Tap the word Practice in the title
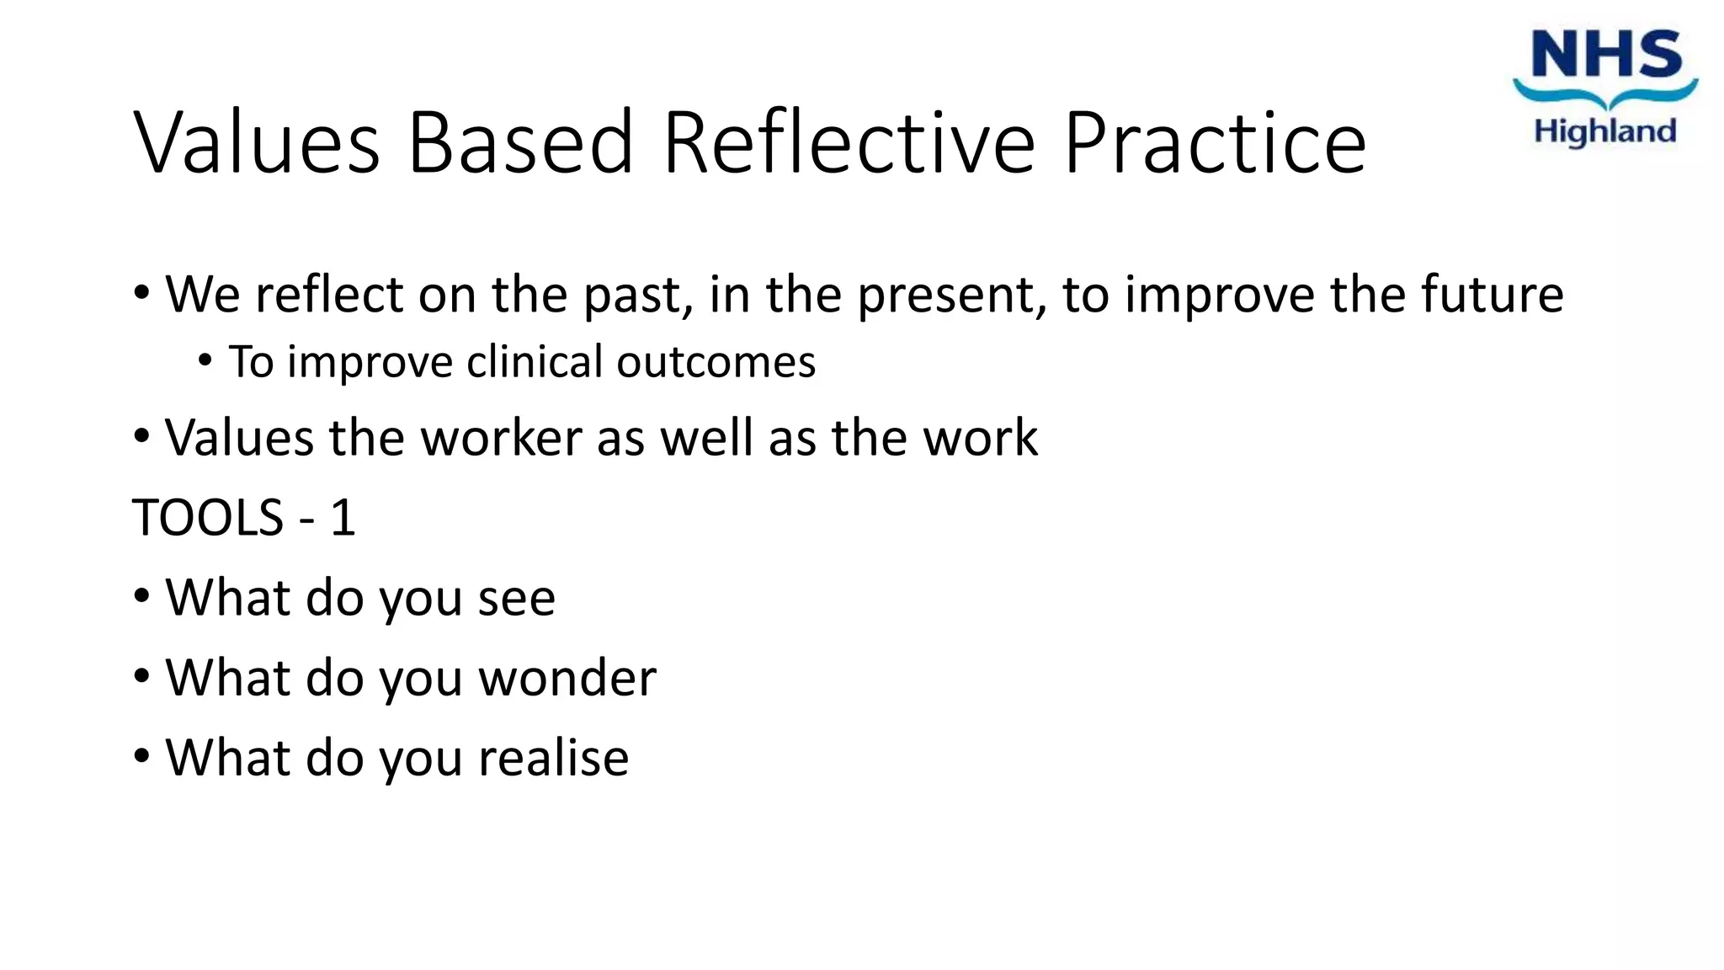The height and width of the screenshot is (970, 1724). (1215, 143)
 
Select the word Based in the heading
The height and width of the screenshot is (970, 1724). (519, 143)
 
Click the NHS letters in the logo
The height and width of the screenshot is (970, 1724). (1605, 56)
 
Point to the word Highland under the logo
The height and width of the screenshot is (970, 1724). (1605, 131)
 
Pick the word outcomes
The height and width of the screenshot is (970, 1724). (716, 363)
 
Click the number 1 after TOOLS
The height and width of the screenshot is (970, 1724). (343, 517)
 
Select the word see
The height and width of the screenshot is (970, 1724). (516, 599)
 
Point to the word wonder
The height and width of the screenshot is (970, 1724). (567, 679)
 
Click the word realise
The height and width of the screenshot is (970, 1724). (553, 758)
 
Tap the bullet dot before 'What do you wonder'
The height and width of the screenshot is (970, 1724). (141, 675)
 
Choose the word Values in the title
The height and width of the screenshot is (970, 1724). (257, 143)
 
